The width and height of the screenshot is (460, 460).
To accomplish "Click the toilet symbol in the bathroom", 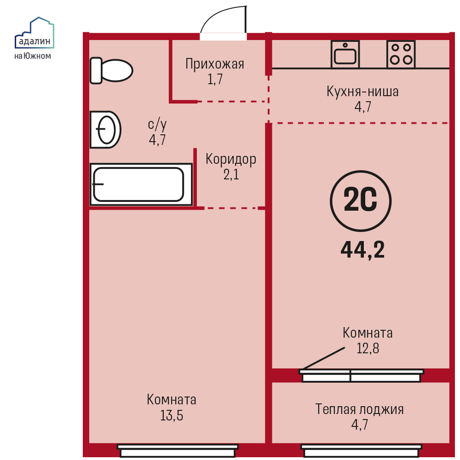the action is pyautogui.click(x=111, y=71).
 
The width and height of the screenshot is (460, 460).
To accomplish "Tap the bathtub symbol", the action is pyautogui.click(x=141, y=184).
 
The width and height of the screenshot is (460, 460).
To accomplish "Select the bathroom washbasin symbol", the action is pyautogui.click(x=105, y=129).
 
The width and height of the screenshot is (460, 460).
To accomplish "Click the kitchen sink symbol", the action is pyautogui.click(x=345, y=55).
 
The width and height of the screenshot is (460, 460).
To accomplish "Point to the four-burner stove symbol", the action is pyautogui.click(x=401, y=55).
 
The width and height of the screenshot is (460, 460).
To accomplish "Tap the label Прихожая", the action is pyautogui.click(x=215, y=64).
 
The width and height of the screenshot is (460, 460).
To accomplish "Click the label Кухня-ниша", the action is pyautogui.click(x=362, y=92).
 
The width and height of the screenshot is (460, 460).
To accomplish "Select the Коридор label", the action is pyautogui.click(x=231, y=159).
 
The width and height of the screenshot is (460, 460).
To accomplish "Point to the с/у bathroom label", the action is pyautogui.click(x=157, y=125).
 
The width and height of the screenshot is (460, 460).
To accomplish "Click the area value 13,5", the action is pyautogui.click(x=172, y=415).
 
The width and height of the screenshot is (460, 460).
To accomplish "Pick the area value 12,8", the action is pyautogui.click(x=368, y=349).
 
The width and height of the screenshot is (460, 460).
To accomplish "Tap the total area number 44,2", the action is pyautogui.click(x=362, y=250).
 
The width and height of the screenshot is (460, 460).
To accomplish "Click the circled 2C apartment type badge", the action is pyautogui.click(x=361, y=201).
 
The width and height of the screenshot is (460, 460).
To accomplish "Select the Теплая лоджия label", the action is pyautogui.click(x=359, y=409).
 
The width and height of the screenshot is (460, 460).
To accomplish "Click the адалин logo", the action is pyautogui.click(x=34, y=33).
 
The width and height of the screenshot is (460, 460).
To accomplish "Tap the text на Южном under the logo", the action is pyautogui.click(x=33, y=56).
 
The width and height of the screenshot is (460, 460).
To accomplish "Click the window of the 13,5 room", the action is pyautogui.click(x=178, y=451).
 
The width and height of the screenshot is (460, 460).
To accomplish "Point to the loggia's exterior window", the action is pyautogui.click(x=362, y=451).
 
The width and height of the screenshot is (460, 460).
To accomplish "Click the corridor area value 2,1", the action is pyautogui.click(x=231, y=175).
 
